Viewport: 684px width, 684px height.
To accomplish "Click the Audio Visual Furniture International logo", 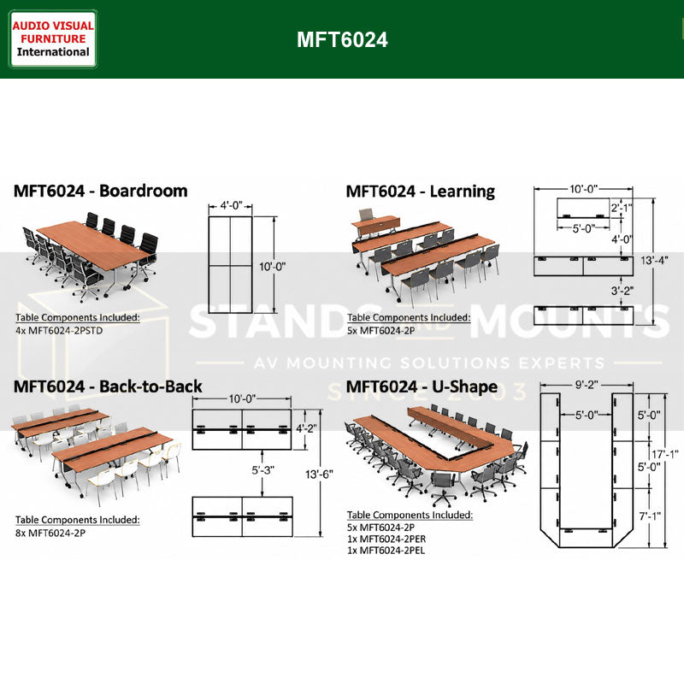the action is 53,38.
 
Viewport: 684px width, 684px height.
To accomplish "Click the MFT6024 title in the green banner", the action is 342,39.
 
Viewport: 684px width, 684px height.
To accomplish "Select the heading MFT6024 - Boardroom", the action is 101,191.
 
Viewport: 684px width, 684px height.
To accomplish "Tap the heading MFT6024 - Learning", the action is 420,192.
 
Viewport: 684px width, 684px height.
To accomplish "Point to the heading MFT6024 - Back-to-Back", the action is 108,386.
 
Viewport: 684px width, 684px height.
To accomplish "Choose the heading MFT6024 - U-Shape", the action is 422,387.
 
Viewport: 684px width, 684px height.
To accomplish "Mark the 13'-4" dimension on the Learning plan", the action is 654,261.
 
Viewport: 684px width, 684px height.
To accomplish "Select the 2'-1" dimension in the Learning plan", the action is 622,208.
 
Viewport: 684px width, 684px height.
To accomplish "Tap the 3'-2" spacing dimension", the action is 622,290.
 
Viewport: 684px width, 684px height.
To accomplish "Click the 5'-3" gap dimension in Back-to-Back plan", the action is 262,470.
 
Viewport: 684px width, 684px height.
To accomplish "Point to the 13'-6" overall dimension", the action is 319,475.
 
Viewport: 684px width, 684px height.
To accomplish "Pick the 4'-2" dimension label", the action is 307,428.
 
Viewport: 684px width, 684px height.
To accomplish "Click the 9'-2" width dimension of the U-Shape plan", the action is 587,385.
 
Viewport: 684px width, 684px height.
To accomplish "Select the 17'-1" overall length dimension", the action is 665,455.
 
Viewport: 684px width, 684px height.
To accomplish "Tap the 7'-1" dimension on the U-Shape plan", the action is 650,516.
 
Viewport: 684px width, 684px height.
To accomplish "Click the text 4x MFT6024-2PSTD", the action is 59,331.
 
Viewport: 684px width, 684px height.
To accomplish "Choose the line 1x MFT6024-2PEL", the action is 386,551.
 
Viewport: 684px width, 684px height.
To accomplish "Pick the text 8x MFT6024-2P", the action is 50,533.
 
